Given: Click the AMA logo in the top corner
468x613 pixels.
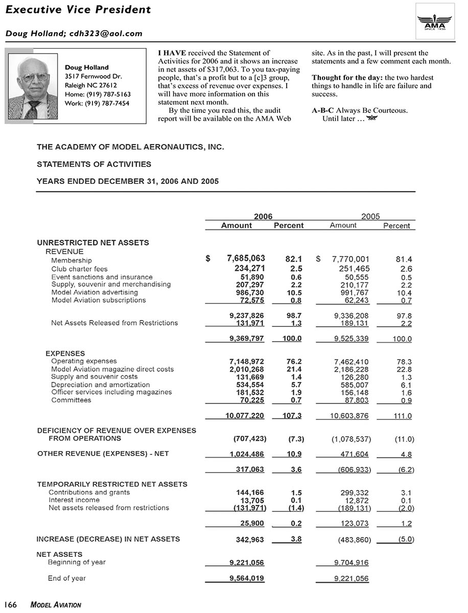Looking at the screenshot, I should point(435,20).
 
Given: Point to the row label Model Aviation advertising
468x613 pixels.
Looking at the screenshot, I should point(95,292).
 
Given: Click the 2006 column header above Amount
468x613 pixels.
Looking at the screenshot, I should point(263,216).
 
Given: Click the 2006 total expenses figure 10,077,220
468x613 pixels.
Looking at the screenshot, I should point(245,416).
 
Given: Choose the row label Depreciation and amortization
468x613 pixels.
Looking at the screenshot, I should point(100,385).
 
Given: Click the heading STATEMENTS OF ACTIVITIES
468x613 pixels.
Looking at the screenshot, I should point(94,164).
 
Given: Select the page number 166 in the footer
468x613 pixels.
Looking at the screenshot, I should point(11,605).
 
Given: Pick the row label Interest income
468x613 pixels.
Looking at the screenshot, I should point(74,500).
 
